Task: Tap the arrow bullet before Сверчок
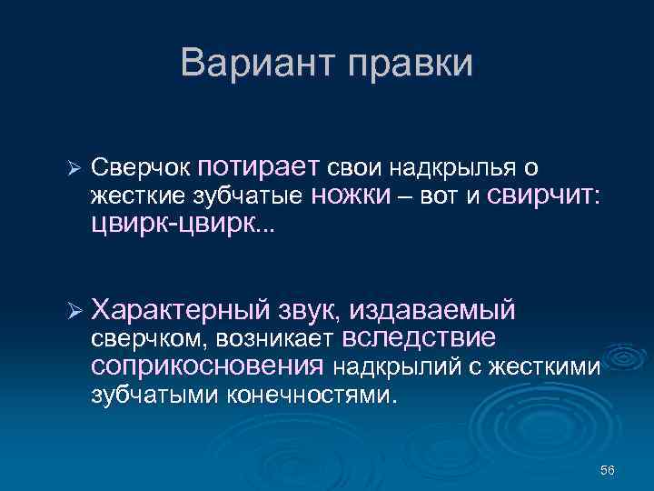pyautogui.click(x=75, y=170)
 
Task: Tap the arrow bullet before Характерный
pyautogui.click(x=75, y=312)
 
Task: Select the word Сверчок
pyautogui.click(x=141, y=169)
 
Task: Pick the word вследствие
pyautogui.click(x=419, y=338)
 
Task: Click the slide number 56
pyautogui.click(x=607, y=470)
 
